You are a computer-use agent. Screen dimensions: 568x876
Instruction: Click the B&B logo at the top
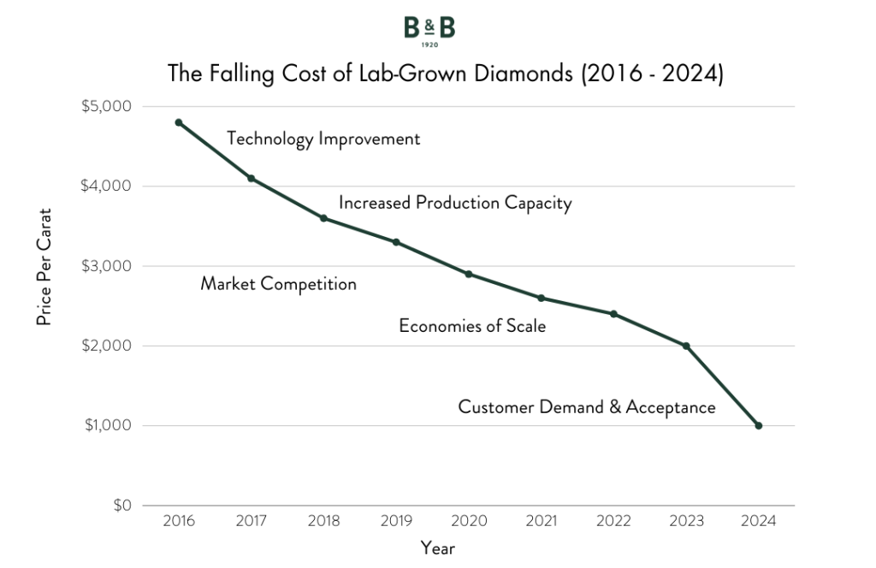(x=429, y=31)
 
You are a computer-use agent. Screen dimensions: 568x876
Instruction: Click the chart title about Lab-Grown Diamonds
(x=446, y=74)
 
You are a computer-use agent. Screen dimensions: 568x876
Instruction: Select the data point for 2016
(x=179, y=122)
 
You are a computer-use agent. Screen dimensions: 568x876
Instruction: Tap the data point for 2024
(x=758, y=425)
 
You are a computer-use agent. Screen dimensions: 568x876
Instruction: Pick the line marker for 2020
(x=469, y=274)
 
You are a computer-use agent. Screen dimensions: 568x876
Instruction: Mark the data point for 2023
(x=686, y=346)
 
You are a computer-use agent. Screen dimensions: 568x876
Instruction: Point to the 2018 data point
(x=323, y=218)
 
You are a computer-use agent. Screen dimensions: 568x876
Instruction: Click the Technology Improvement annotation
(x=323, y=139)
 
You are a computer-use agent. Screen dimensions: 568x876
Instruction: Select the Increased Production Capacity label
(x=454, y=204)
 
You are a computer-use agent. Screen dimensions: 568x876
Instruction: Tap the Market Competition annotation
(x=278, y=284)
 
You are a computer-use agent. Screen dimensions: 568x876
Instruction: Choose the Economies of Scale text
(x=472, y=326)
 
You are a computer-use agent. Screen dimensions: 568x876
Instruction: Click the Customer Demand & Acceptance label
(x=586, y=407)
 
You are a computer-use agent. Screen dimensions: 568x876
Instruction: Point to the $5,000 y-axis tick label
(x=107, y=106)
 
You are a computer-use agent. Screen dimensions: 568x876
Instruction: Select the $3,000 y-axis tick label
(x=107, y=266)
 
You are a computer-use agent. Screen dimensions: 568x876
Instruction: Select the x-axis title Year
(x=438, y=548)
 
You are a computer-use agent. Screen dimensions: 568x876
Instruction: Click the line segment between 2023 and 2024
(x=722, y=385)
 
